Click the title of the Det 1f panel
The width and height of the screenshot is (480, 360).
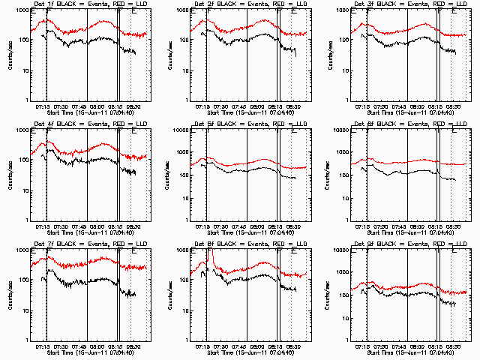pyautogui.click(x=82, y=5)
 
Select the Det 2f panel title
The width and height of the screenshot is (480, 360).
pyautogui.click(x=242, y=5)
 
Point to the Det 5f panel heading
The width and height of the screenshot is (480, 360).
pyautogui.click(x=242, y=124)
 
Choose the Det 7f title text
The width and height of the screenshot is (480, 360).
pyautogui.click(x=82, y=244)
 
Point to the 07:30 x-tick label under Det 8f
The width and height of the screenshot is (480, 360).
pyautogui.click(x=223, y=346)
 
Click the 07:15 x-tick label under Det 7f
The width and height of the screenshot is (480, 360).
pyautogui.click(x=43, y=346)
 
